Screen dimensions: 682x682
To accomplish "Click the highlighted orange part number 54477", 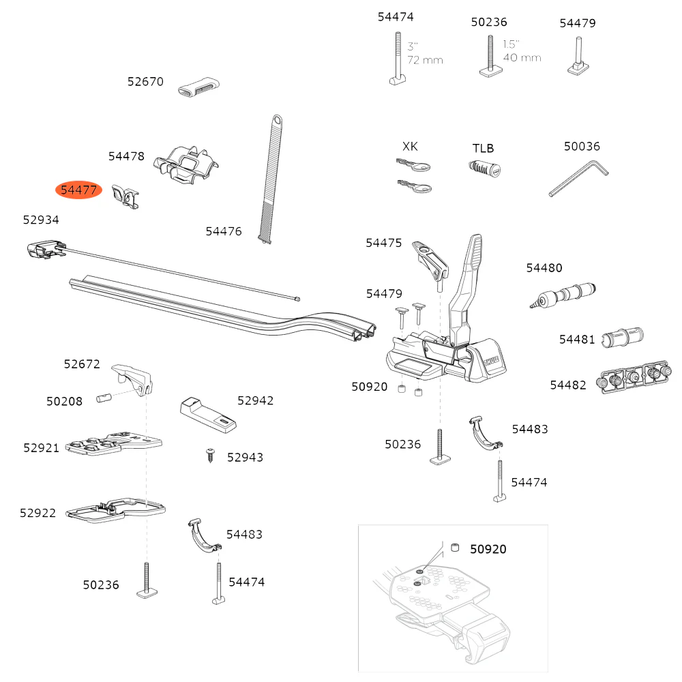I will point(78,190).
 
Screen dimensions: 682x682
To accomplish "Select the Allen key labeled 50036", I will point(578,178).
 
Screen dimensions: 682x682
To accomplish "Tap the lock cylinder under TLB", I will point(485,168).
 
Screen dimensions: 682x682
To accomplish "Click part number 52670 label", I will point(145,82).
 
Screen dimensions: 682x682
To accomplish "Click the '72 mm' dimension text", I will point(425,60).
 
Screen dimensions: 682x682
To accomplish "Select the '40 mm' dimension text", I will point(522,57).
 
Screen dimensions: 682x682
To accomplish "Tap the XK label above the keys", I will point(410,147).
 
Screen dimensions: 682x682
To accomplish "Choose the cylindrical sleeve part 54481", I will point(623,337).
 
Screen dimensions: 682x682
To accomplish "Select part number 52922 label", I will point(38,513).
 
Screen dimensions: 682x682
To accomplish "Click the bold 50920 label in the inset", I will point(488,549).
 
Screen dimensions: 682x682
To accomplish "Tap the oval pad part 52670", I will point(199,89).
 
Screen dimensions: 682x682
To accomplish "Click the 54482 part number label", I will point(568,385).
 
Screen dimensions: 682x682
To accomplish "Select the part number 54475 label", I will point(384,243).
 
